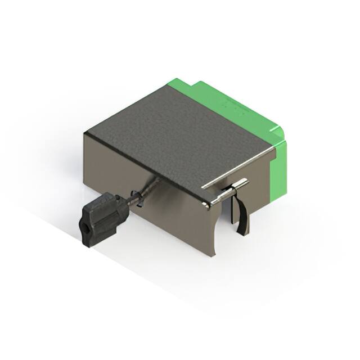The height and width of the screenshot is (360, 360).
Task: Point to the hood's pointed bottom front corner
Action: (x=213, y=256)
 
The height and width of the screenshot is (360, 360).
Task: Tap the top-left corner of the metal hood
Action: (x=84, y=133)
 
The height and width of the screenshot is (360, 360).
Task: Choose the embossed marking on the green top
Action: (x=231, y=103)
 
